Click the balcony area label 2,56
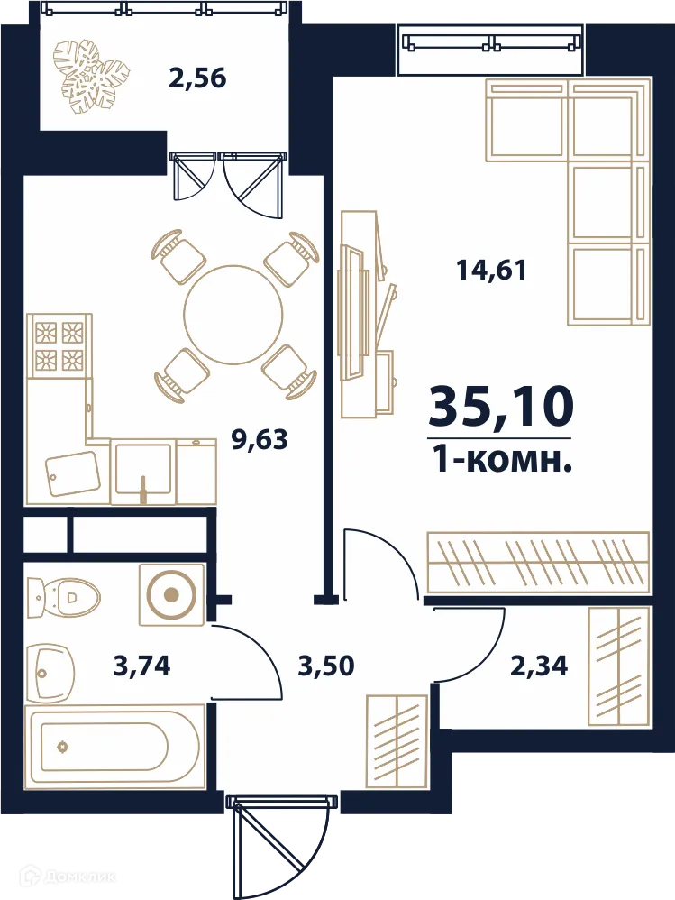pos(198,78)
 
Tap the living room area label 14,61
pos(491,270)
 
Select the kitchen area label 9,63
pos(260,440)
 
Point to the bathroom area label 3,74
pos(142,666)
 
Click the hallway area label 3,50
pos(326,666)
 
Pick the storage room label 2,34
pos(539,666)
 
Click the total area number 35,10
pos(501,407)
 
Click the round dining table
pos(233,315)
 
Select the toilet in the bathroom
pos(63,597)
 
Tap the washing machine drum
pos(171,594)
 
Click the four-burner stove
pos(59,345)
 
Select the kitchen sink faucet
pos(143,489)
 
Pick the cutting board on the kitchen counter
pos(73,473)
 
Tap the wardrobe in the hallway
pos(397,741)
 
